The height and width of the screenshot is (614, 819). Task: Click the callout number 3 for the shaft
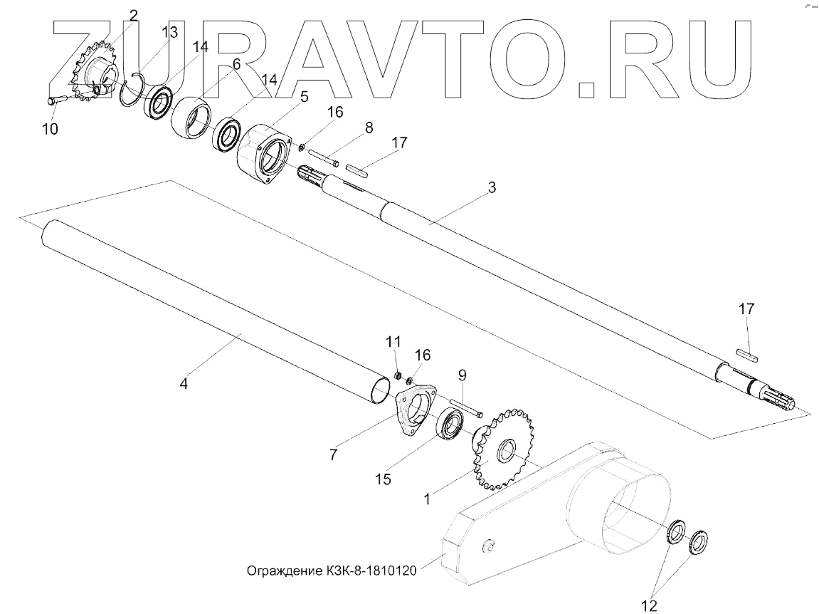[x=492, y=189]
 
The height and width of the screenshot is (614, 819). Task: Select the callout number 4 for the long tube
[x=184, y=383]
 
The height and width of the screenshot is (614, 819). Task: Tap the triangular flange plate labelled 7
[x=414, y=410]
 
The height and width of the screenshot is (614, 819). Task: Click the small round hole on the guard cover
[x=489, y=546]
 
